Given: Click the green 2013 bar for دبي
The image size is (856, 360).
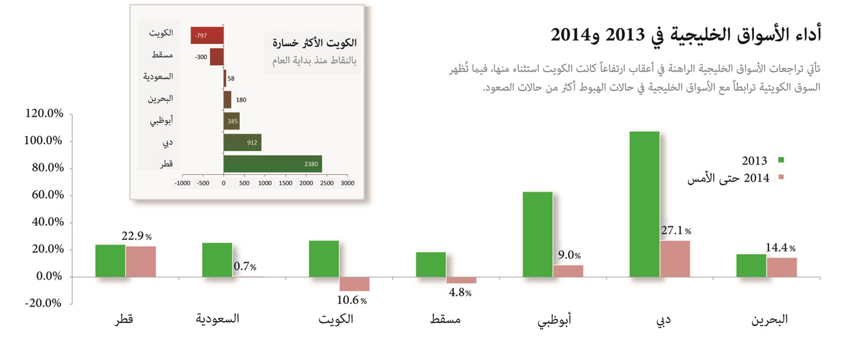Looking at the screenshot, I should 644,204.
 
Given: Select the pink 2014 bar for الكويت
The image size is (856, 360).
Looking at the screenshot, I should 354,284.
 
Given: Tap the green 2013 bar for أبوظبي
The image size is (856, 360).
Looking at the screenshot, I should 537,234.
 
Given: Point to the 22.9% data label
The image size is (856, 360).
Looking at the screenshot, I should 136,236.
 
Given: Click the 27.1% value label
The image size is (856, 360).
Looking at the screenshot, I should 676,231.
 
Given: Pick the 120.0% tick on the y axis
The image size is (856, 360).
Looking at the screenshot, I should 44,113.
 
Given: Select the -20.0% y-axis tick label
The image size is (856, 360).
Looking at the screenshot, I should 43,303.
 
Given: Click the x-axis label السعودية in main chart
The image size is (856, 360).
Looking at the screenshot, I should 217,319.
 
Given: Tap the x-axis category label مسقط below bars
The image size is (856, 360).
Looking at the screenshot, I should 445,319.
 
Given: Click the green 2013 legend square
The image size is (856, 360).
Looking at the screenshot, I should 781,160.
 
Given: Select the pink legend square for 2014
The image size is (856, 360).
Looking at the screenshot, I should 781,177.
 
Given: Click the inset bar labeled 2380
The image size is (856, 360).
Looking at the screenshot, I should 272,164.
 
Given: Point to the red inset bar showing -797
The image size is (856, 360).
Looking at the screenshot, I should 207,35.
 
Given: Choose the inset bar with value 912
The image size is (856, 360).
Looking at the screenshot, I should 242,142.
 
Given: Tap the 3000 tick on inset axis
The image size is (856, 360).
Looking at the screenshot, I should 347,183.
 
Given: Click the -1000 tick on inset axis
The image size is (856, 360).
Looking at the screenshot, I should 182,183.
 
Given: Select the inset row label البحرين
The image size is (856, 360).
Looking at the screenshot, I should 160,99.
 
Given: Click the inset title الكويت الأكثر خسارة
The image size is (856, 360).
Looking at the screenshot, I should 314,43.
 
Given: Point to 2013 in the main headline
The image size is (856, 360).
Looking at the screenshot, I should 624,35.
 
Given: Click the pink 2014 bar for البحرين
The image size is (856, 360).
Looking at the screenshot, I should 781,267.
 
